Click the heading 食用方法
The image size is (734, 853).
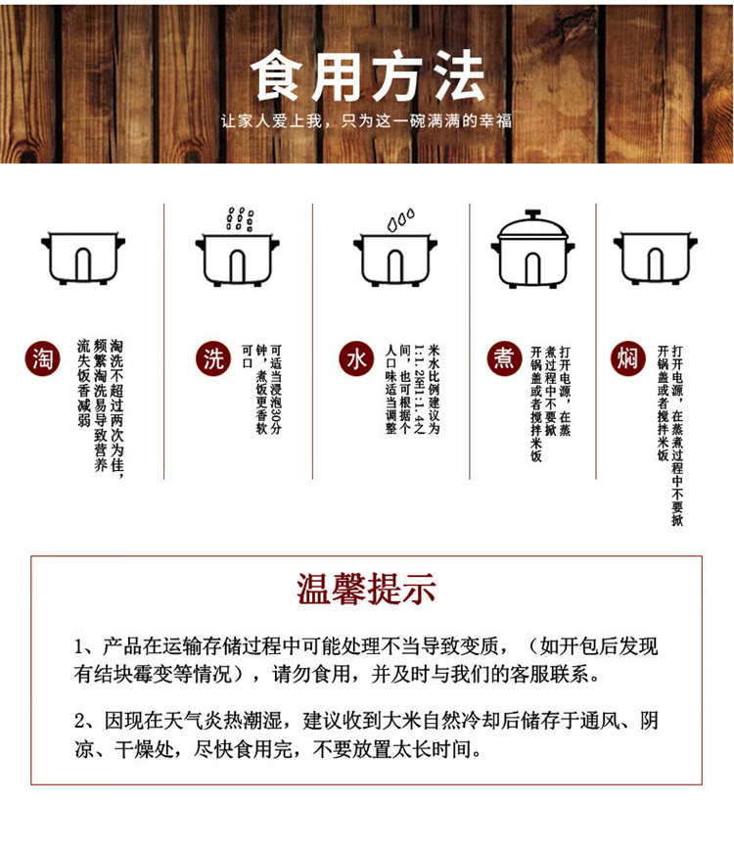pyautogui.click(x=368, y=76)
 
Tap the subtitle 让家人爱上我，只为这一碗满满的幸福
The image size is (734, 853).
pyautogui.click(x=366, y=120)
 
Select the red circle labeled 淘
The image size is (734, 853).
pyautogui.click(x=42, y=358)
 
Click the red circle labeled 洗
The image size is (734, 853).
pyautogui.click(x=213, y=358)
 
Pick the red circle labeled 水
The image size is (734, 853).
pyautogui.click(x=356, y=358)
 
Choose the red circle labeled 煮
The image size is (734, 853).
pyautogui.click(x=505, y=358)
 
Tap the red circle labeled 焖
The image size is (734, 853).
pyautogui.click(x=628, y=358)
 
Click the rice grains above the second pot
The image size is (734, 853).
pyautogui.click(x=240, y=218)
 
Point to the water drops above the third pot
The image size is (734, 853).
pyautogui.click(x=400, y=219)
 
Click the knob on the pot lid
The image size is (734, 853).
pyautogui.click(x=532, y=213)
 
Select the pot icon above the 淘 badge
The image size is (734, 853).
pyautogui.click(x=83, y=259)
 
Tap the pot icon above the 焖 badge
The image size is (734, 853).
pyautogui.click(x=655, y=259)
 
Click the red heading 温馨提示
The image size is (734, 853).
pyautogui.click(x=366, y=590)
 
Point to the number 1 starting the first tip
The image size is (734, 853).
pyautogui.click(x=80, y=647)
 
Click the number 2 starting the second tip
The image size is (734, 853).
pyautogui.click(x=80, y=722)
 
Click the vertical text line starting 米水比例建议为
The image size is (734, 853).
pyautogui.click(x=434, y=389)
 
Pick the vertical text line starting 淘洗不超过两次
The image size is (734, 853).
pyautogui.click(x=116, y=408)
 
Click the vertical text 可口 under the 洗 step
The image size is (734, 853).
pyautogui.click(x=248, y=356)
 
